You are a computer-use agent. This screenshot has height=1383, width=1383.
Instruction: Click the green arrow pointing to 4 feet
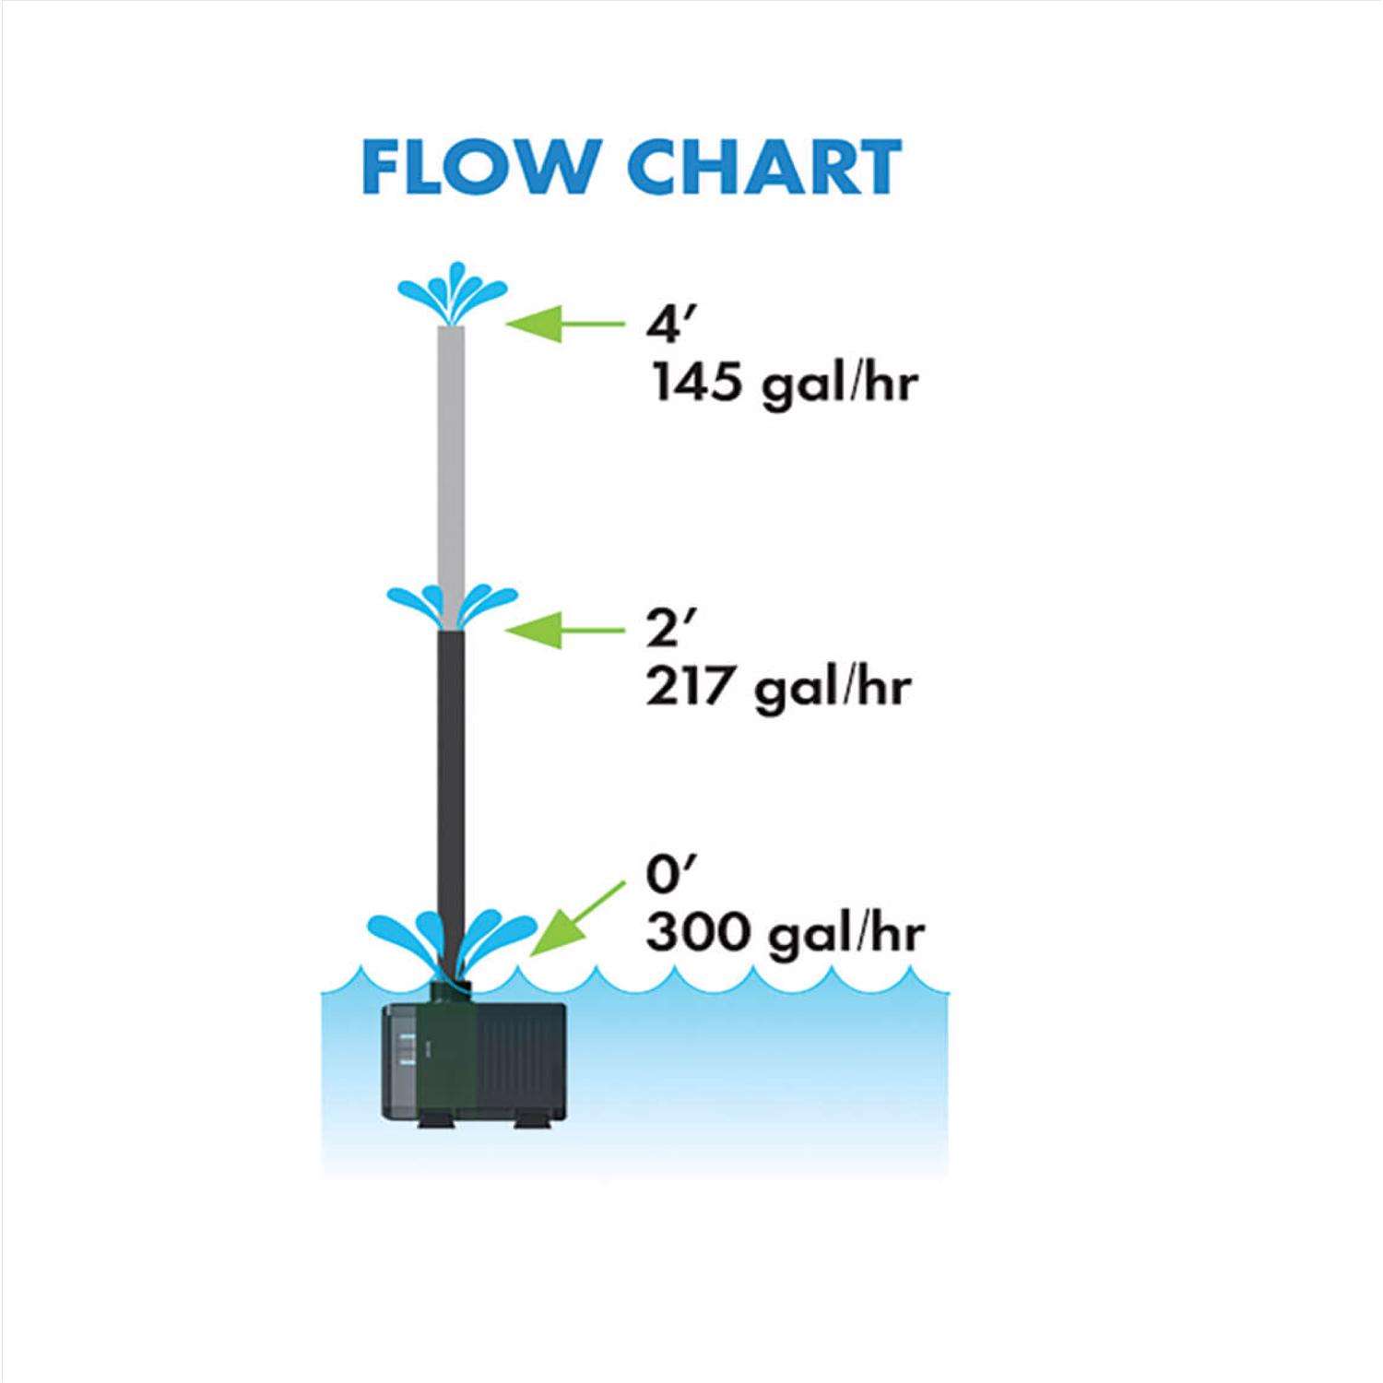click(x=564, y=324)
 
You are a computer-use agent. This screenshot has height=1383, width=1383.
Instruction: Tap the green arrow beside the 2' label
click(x=564, y=630)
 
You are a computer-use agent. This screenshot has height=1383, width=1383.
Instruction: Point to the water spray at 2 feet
click(x=452, y=604)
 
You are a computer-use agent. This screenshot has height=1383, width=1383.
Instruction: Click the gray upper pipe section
click(x=451, y=461)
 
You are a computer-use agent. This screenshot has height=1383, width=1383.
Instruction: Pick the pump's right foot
click(x=527, y=1122)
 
